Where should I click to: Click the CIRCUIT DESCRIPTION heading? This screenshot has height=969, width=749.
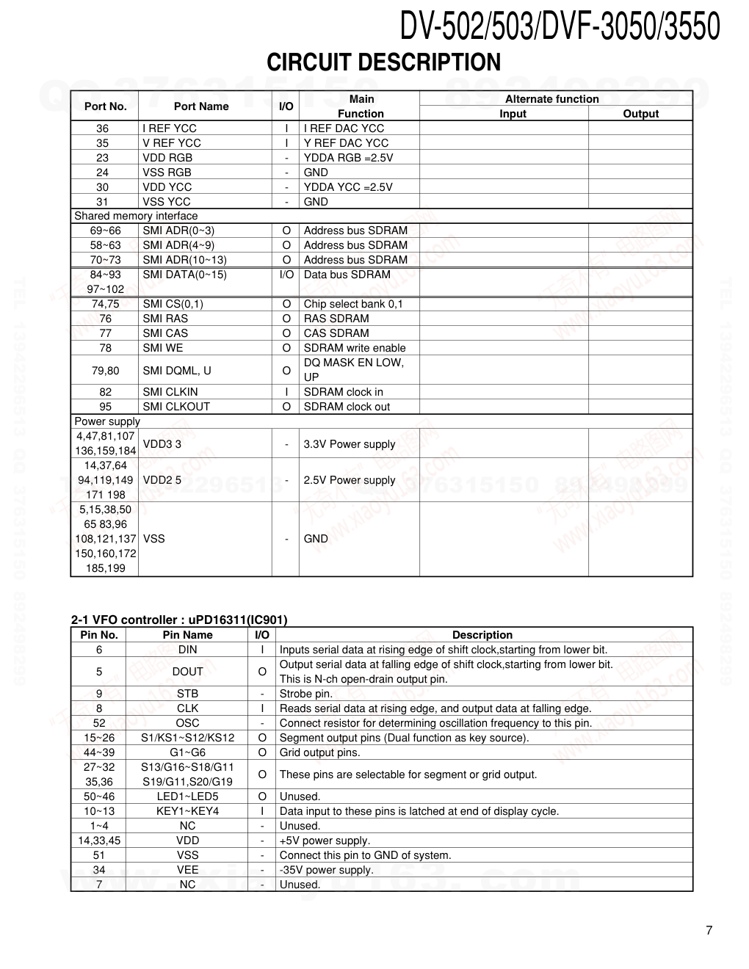(383, 62)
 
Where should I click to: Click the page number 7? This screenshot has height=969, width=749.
(709, 931)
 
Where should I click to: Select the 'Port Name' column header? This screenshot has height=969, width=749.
(201, 106)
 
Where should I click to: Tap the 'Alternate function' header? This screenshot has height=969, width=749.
(552, 99)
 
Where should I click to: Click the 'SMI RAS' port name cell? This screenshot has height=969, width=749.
(165, 319)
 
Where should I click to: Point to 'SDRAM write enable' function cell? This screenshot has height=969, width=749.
(355, 348)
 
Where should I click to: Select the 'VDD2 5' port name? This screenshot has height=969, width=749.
(162, 480)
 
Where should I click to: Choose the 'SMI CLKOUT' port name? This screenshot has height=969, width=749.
(176, 407)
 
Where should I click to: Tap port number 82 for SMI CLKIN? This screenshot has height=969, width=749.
(106, 392)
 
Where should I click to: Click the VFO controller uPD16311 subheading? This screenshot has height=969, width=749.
(179, 620)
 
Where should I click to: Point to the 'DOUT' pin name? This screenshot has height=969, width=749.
(187, 672)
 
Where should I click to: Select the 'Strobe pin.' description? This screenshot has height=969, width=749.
(306, 694)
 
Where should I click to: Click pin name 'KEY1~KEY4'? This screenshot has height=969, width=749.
(187, 811)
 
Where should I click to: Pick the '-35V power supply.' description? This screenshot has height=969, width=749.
(327, 870)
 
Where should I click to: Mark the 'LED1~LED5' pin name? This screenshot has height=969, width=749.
(187, 796)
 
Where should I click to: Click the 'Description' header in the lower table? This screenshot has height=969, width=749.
(482, 635)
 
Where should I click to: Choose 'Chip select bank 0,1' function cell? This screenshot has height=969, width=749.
(353, 304)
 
